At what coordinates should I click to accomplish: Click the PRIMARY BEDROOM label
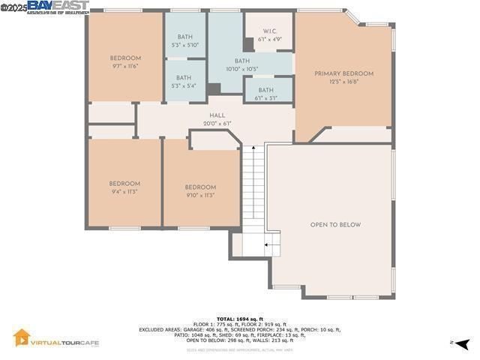point(343,73)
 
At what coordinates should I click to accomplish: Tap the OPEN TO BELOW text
point(335,225)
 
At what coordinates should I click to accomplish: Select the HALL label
point(217,115)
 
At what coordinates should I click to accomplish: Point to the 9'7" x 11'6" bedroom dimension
point(125,66)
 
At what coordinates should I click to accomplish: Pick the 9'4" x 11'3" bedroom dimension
point(124,192)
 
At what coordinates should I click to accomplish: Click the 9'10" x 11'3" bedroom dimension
point(200,196)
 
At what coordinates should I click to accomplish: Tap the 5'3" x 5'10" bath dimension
point(184,45)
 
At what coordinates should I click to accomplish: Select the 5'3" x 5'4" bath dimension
point(184,85)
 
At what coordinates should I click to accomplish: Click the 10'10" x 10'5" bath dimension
point(241,70)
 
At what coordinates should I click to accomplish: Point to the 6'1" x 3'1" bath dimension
point(266,97)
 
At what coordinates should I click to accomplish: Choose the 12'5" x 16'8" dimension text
point(343,82)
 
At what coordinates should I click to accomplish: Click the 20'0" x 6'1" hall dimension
point(217,124)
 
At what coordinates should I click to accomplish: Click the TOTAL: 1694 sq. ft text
point(239,319)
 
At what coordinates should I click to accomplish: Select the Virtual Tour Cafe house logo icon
point(22,338)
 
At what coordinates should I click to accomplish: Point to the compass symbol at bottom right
point(463,343)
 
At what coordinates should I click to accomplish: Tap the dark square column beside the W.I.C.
point(248,44)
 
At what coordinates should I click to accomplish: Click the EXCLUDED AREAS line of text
point(239,329)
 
